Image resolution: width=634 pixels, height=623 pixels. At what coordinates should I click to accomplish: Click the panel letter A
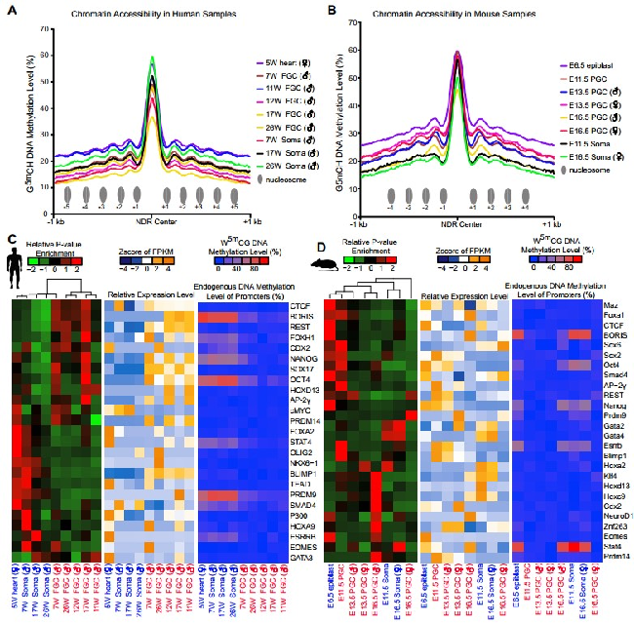pos(9,12)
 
